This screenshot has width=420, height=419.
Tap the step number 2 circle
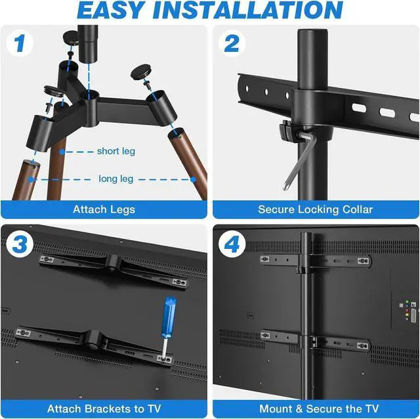232,44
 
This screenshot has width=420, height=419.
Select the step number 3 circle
19,245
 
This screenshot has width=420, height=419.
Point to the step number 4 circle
232,245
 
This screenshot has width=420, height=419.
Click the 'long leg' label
117,178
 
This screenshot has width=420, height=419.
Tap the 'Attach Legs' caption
104,209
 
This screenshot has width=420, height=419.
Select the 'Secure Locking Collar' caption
315,209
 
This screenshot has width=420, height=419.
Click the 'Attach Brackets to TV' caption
104,409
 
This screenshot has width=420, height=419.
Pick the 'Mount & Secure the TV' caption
315,409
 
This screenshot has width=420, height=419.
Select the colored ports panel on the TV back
407,309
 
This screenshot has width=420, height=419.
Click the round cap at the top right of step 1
140,72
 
